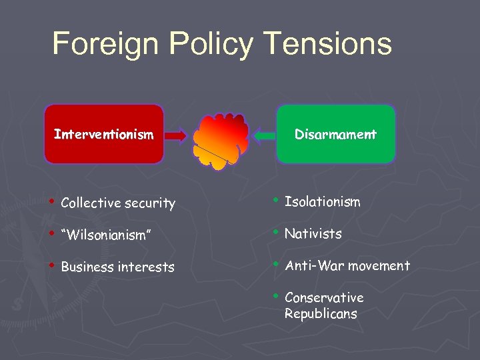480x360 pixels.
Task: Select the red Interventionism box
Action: click(103, 134)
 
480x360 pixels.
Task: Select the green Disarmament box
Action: click(336, 134)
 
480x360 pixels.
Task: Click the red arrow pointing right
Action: click(176, 135)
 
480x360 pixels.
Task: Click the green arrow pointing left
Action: click(264, 135)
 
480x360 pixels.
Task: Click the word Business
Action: click(87, 267)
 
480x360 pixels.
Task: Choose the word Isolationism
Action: click(322, 201)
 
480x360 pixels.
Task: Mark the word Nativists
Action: click(313, 233)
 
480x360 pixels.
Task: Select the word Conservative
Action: click(324, 297)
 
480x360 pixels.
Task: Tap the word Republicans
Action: click(321, 313)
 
